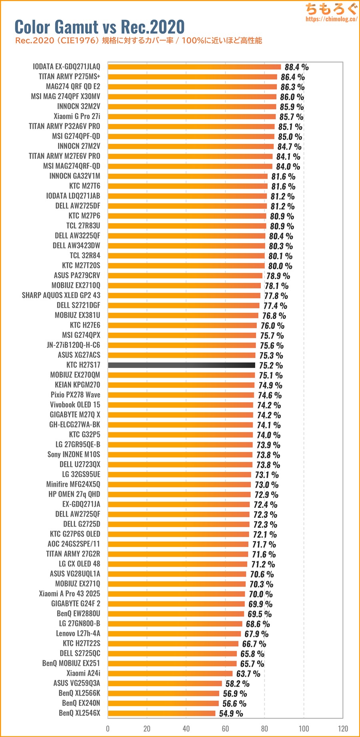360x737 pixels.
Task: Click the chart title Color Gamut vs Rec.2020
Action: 99,26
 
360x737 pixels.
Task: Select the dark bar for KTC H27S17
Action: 181,365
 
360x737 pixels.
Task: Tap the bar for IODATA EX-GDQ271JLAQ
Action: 194,67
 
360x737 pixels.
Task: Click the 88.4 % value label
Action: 296,67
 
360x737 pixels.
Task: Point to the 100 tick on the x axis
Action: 304,728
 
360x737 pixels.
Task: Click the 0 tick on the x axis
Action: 108,728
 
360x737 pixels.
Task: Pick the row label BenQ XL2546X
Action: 79,713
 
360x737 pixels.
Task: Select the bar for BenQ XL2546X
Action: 162,713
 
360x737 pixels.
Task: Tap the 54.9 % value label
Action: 231,713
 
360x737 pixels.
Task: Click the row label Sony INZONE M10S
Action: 74,454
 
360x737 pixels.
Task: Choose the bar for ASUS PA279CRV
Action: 185,276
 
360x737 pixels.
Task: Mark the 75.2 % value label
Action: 271,366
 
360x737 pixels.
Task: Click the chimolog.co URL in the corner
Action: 331,19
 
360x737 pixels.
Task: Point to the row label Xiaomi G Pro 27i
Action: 77,116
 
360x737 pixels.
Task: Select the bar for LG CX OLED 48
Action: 178,564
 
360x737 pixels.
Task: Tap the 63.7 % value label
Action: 248,674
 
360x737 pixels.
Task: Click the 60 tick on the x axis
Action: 225,728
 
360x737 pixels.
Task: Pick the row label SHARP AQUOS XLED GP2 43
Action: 61,295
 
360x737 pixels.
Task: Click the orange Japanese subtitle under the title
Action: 138,40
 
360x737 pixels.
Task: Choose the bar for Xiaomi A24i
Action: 170,673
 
